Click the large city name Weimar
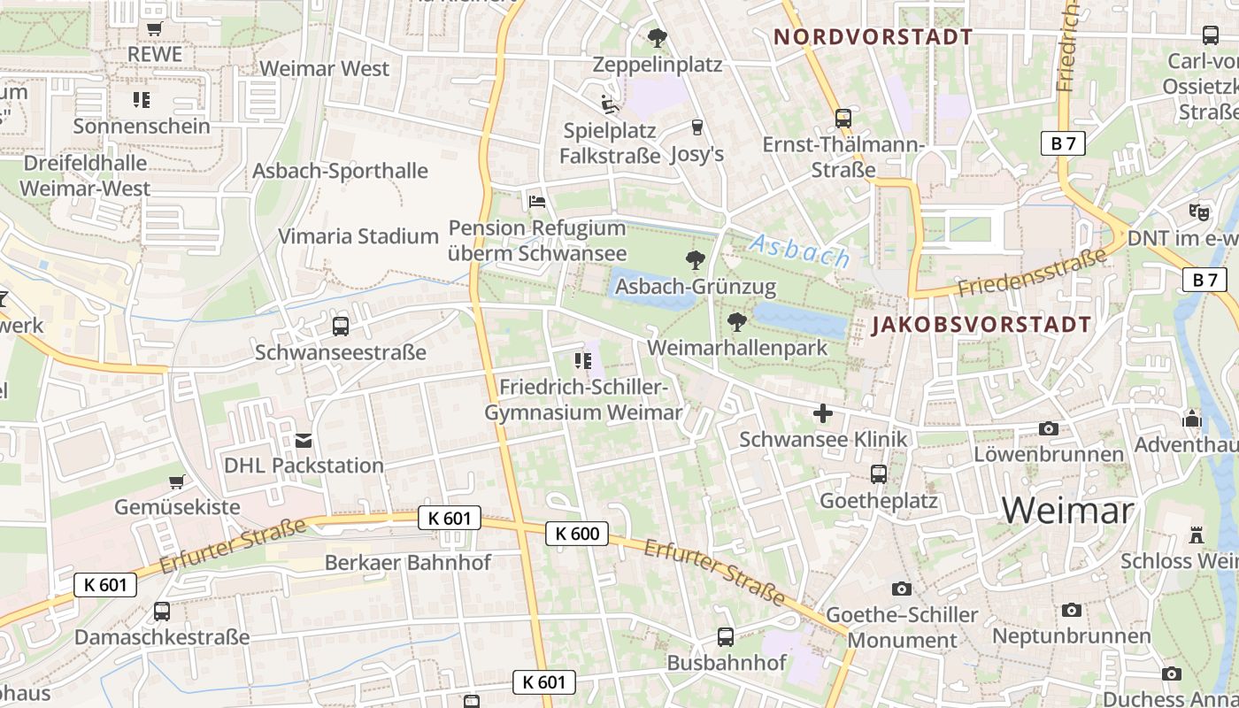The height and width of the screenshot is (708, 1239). pyautogui.click(x=1067, y=511)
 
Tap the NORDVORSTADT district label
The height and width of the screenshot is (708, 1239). pyautogui.click(x=873, y=37)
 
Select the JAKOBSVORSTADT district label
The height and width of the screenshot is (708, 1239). pyautogui.click(x=981, y=325)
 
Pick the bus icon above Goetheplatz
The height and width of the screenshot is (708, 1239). pyautogui.click(x=878, y=474)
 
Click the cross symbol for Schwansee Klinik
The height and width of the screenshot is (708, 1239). pyautogui.click(x=823, y=413)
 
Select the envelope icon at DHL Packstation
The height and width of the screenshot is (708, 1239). pyautogui.click(x=304, y=440)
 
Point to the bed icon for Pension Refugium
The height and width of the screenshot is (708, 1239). pyautogui.click(x=537, y=202)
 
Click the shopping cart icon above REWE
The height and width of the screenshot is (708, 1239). pyautogui.click(x=155, y=28)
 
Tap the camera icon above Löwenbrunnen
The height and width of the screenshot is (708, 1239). pyautogui.click(x=1048, y=429)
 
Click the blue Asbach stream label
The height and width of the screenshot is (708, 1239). pyautogui.click(x=799, y=251)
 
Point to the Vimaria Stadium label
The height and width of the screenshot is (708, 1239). pyautogui.click(x=358, y=236)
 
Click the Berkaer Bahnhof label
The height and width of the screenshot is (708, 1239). pyautogui.click(x=407, y=563)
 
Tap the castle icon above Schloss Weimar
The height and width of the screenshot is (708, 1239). pyautogui.click(x=1197, y=535)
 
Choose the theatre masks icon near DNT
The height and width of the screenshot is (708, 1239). pyautogui.click(x=1199, y=212)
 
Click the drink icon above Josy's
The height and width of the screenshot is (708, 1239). pyautogui.click(x=696, y=127)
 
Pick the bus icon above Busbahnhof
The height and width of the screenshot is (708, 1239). pyautogui.click(x=726, y=637)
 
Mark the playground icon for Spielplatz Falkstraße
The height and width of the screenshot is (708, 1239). pyautogui.click(x=609, y=105)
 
